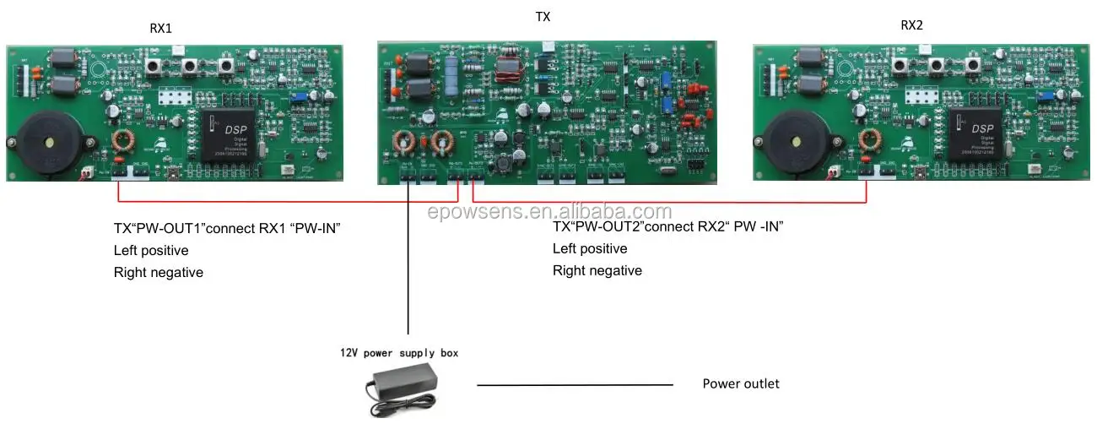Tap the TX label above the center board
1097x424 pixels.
click(543, 17)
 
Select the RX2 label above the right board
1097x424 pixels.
click(911, 25)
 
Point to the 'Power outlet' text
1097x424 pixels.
click(741, 383)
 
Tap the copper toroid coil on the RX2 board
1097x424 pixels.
click(872, 141)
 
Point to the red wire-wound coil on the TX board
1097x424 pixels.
click(509, 70)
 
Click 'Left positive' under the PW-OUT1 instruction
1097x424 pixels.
click(151, 250)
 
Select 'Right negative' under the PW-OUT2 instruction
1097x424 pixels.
click(597, 270)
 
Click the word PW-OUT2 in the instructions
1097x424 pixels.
click(611, 226)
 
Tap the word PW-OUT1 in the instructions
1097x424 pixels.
click(172, 228)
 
